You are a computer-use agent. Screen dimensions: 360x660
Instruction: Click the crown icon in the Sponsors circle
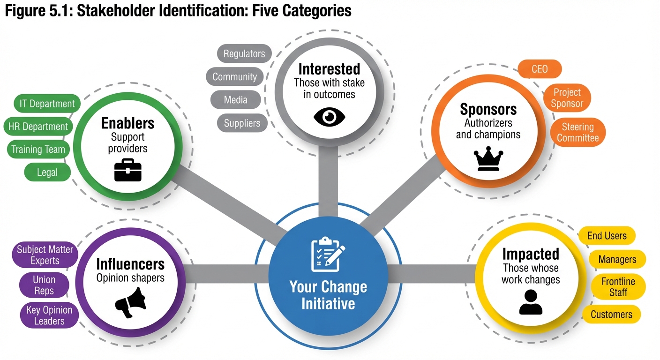[488, 160]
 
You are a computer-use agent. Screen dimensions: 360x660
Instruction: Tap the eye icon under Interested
[329, 117]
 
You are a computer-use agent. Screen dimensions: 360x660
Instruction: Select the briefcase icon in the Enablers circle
[127, 170]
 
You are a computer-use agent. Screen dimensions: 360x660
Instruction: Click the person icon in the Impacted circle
[531, 302]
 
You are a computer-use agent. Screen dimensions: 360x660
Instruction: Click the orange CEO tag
[540, 69]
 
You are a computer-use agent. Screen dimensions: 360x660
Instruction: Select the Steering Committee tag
[577, 132]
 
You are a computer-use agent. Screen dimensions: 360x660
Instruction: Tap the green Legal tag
[47, 172]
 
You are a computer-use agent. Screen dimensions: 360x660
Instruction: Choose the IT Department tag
[47, 104]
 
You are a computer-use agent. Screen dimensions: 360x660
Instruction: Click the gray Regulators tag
[244, 53]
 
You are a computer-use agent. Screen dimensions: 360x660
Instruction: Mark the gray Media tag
[235, 100]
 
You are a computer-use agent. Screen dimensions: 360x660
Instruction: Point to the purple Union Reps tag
[44, 285]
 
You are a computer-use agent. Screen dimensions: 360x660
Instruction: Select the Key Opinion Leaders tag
[49, 315]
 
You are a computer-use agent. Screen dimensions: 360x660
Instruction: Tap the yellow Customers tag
[611, 315]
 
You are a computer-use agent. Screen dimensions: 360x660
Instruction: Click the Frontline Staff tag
[618, 287]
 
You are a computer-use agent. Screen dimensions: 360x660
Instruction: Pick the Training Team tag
[38, 150]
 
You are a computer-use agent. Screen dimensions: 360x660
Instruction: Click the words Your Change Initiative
[328, 295]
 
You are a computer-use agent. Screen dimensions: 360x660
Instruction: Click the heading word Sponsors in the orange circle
[488, 109]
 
